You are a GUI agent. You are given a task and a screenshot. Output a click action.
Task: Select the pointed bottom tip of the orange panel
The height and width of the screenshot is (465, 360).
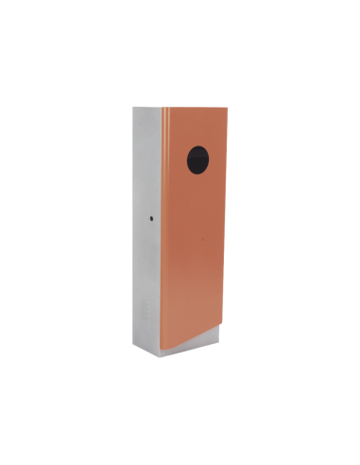coord(166,353)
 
